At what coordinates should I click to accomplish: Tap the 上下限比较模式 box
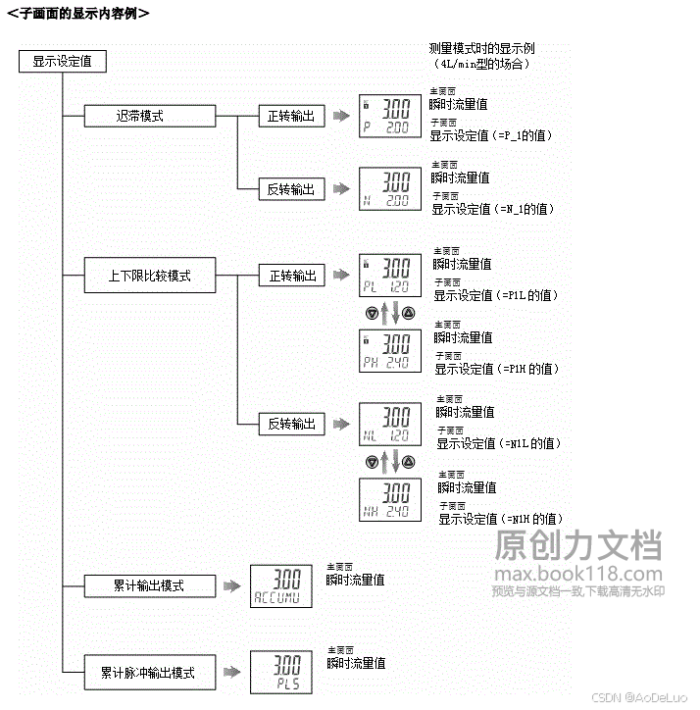(149, 276)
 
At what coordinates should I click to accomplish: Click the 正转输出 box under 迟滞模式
(291, 116)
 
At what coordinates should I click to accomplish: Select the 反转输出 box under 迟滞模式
(291, 189)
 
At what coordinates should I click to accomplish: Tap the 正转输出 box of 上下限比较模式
(292, 276)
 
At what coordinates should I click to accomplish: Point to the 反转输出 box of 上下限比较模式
(292, 424)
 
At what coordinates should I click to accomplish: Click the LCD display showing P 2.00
(389, 116)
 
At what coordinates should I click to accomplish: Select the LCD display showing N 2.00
(389, 189)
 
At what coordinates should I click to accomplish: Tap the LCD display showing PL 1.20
(390, 276)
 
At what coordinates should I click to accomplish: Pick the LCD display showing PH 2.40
(391, 350)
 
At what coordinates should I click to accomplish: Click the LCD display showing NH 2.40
(391, 500)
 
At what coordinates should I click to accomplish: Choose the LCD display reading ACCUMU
(281, 585)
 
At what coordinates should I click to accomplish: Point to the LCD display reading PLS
(281, 673)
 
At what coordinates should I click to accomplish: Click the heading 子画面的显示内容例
(77, 13)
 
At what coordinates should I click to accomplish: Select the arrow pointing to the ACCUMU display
(230, 585)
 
